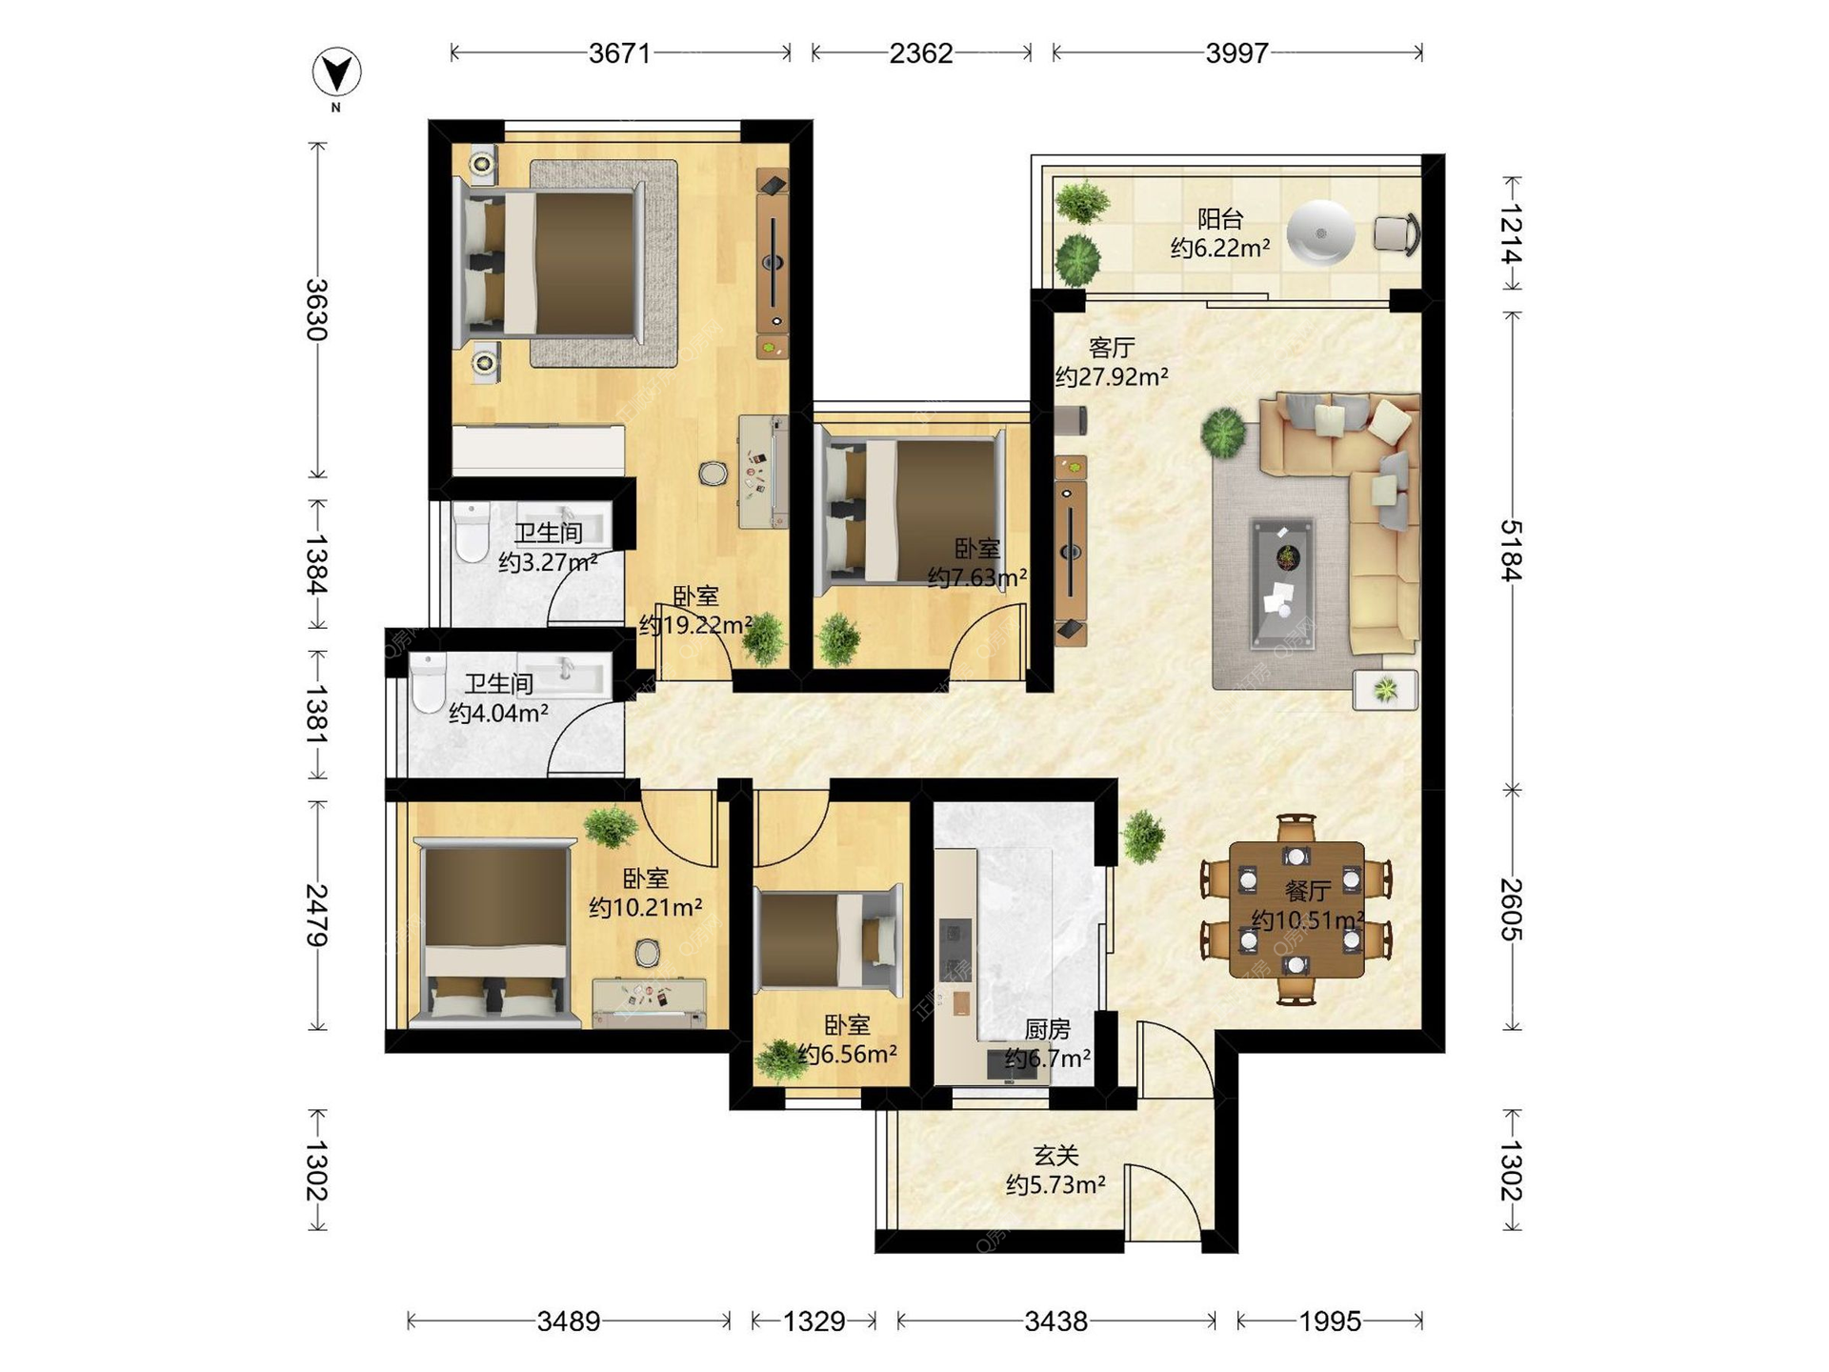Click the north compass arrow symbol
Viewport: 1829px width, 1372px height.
tap(337, 72)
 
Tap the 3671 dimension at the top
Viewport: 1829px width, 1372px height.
tap(619, 53)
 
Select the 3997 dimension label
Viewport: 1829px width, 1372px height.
tap(1236, 53)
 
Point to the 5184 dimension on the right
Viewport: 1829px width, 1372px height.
tap(1511, 550)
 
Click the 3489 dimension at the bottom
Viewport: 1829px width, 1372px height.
tap(569, 1321)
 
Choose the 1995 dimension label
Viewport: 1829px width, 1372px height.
tap(1330, 1321)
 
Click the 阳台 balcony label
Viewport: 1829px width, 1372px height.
tap(1220, 219)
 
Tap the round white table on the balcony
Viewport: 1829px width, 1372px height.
tap(1320, 232)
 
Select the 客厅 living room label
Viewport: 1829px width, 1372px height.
tap(1112, 348)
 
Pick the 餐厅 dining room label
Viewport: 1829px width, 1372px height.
tap(1307, 891)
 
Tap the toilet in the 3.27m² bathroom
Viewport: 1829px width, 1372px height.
tap(472, 534)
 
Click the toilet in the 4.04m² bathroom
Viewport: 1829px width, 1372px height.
tap(429, 683)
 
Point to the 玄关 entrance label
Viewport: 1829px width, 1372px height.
tap(1056, 1156)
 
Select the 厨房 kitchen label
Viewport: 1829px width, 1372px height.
tap(1047, 1029)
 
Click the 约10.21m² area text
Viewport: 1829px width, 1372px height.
tap(646, 907)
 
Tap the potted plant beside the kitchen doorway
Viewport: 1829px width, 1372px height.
tap(1143, 837)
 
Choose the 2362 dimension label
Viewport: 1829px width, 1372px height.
tap(920, 53)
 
